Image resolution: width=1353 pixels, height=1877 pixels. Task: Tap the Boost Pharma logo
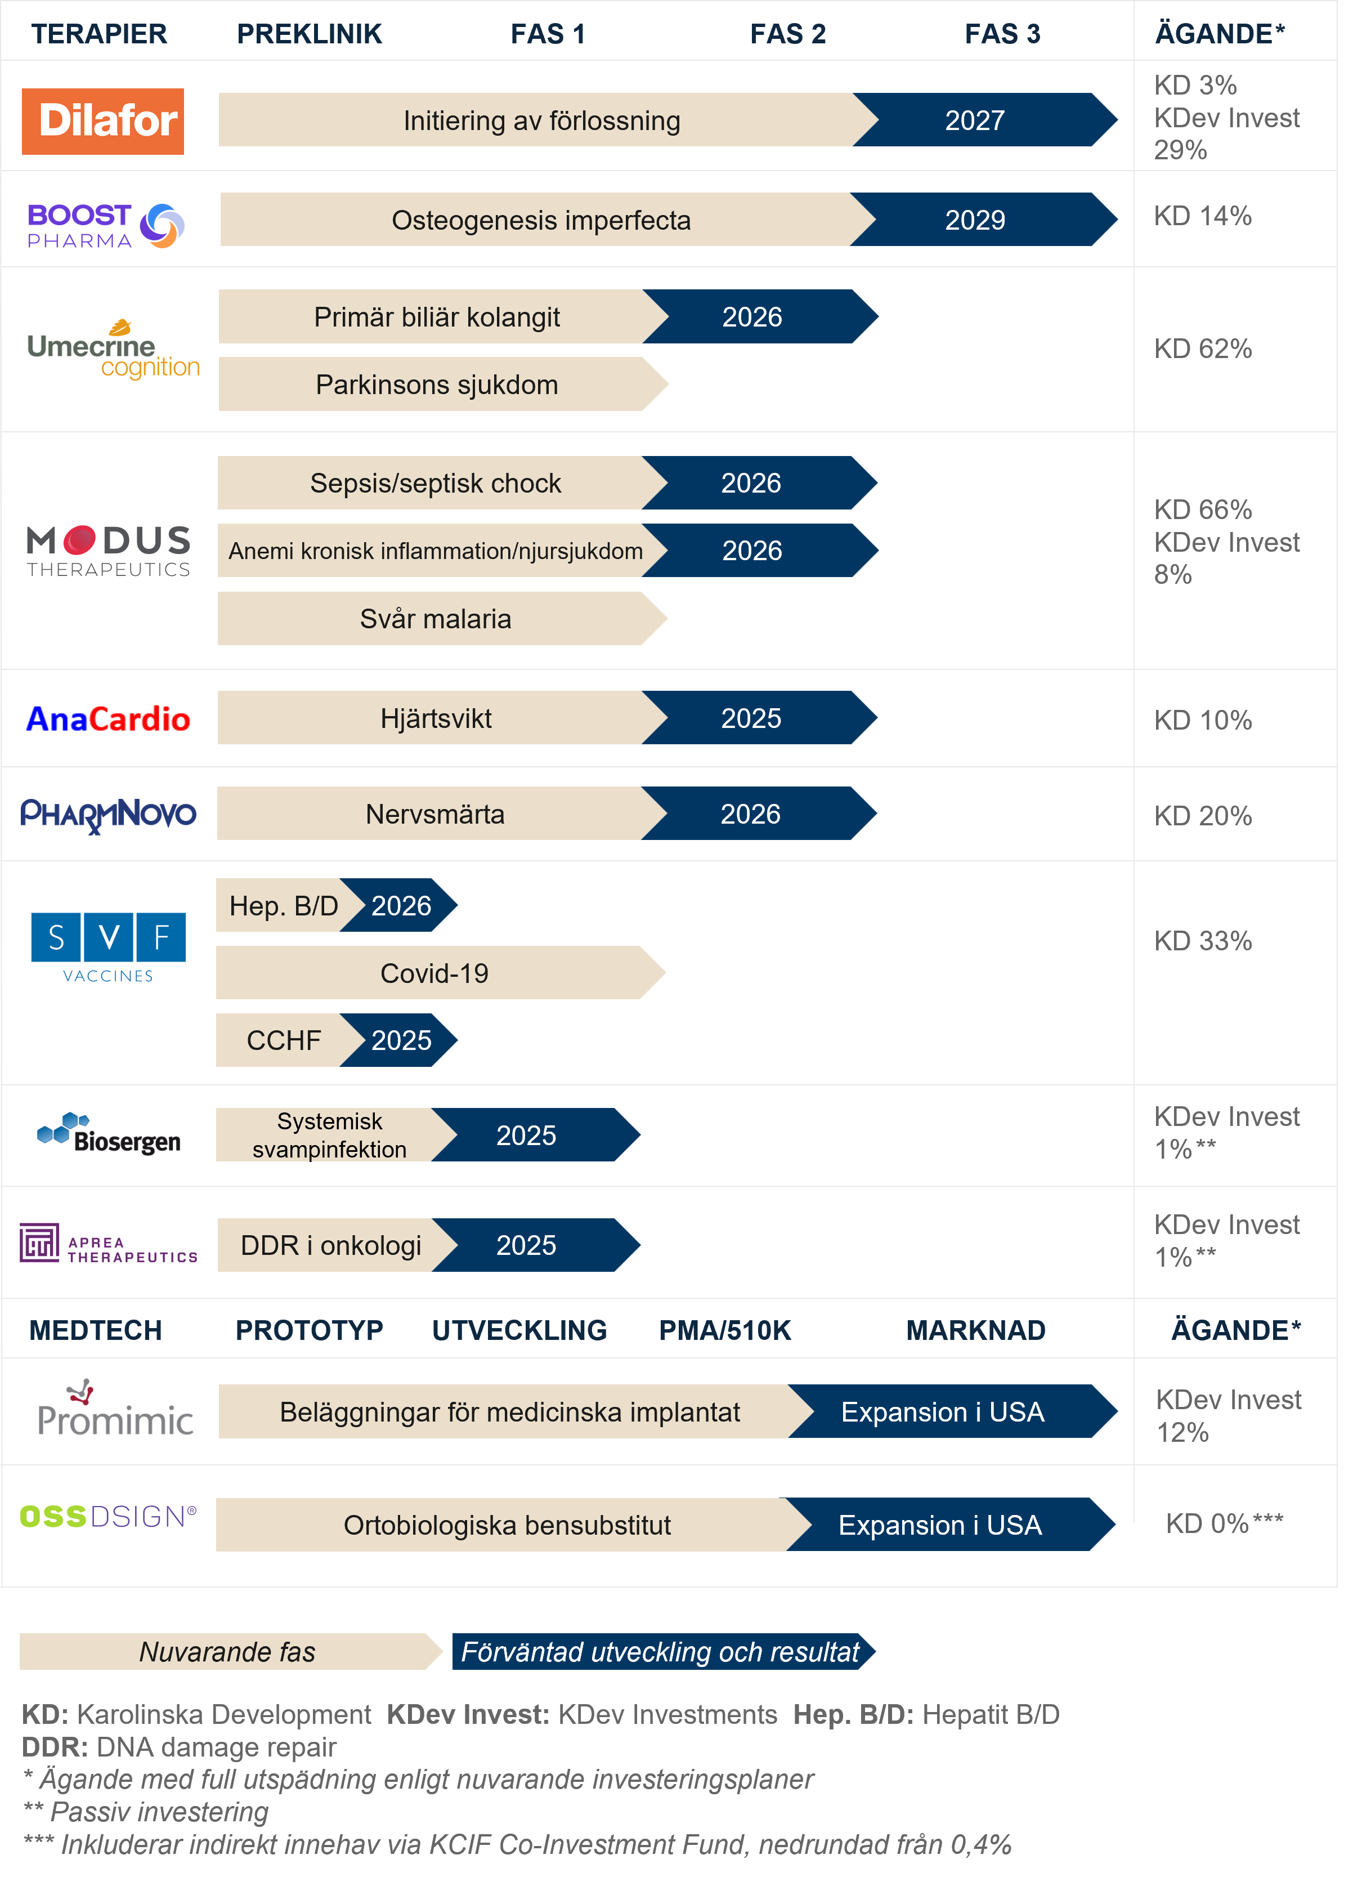tap(105, 226)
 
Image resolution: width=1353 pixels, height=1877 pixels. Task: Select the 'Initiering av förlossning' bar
tap(541, 121)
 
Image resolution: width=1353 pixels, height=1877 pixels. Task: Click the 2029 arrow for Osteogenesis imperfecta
tap(976, 220)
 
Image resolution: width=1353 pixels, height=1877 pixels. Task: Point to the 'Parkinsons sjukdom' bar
tap(436, 385)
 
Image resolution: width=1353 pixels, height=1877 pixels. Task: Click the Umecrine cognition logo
tap(114, 350)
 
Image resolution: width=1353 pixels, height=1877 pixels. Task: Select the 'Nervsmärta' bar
tap(434, 814)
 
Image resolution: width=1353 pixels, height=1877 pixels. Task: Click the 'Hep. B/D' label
tap(283, 906)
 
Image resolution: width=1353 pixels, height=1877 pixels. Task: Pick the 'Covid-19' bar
tap(434, 973)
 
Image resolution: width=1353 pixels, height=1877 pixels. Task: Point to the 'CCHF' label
tap(283, 1040)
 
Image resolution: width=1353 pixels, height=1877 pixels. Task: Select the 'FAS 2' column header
tap(788, 34)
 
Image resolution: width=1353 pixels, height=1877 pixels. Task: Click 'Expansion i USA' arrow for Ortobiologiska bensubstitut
tap(941, 1525)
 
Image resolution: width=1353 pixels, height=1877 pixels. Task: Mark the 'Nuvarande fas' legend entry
tap(227, 1652)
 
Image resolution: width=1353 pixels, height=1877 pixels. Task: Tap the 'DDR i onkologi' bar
tap(330, 1245)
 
